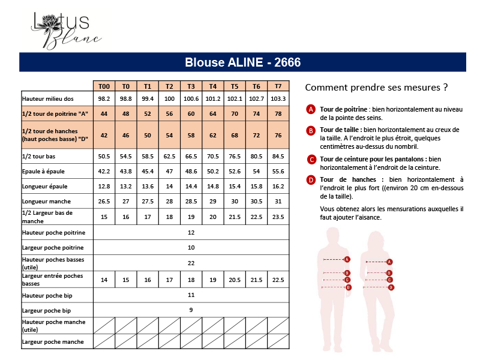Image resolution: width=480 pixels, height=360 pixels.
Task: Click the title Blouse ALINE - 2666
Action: click(242, 62)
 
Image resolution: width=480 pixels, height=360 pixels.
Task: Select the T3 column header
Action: click(191, 86)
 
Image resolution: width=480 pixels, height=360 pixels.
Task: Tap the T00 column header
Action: click(104, 86)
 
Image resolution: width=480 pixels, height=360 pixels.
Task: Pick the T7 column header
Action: click(278, 86)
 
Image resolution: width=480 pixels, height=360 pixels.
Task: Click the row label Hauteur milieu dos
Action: click(48, 98)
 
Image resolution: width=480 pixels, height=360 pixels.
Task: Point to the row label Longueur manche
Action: click(46, 202)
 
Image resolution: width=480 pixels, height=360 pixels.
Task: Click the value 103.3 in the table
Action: click(278, 98)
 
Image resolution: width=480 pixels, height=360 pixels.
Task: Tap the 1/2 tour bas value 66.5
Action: click(191, 157)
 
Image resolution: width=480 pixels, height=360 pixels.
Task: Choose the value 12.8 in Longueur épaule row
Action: click(104, 187)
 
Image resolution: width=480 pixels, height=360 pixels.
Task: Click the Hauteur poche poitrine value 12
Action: click(191, 232)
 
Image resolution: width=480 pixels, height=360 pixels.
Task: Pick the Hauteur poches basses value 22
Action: click(191, 263)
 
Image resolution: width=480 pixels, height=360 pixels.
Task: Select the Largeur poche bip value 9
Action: click(191, 310)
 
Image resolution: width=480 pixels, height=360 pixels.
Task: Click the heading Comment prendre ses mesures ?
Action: click(376, 87)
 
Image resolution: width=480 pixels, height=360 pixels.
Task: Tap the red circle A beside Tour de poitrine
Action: click(311, 109)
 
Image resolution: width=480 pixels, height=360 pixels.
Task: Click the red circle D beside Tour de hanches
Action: click(311, 179)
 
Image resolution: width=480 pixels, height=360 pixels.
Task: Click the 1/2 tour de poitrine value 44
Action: click(104, 114)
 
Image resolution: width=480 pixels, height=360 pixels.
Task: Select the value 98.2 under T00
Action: click(104, 98)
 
